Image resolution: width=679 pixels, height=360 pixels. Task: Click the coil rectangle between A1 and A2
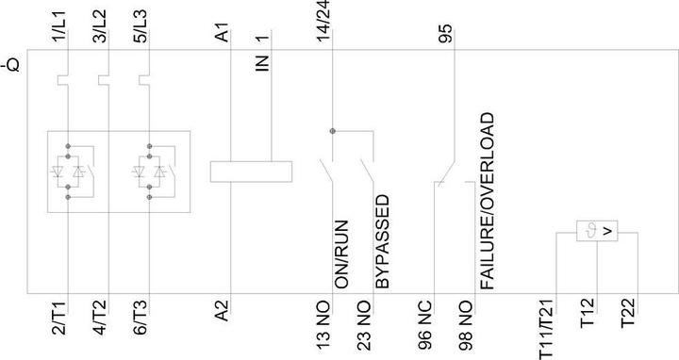[x=250, y=171]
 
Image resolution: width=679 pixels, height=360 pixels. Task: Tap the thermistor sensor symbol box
[x=596, y=230]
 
